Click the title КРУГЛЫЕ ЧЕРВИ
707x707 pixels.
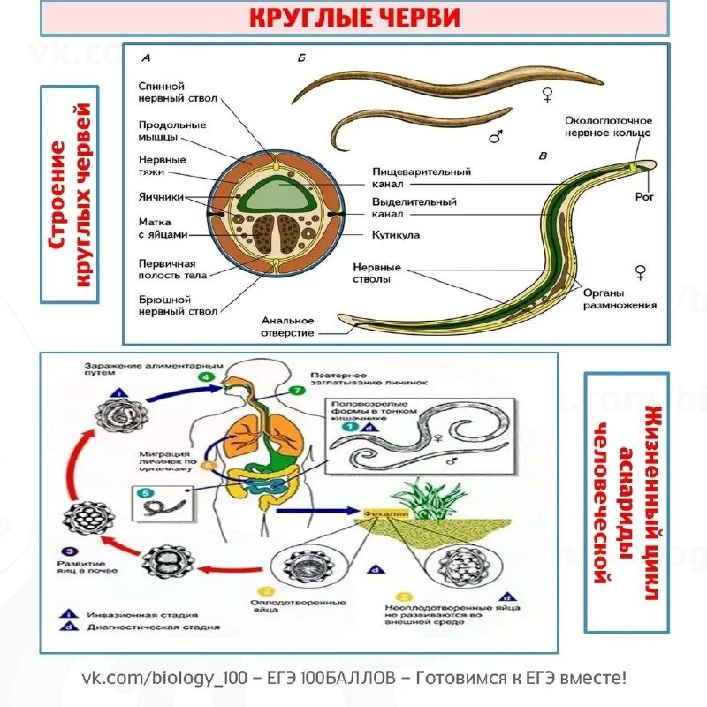pos(353,18)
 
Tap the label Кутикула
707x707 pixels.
pos(396,236)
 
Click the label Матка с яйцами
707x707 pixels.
pos(163,229)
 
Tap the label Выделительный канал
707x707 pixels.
pos(414,208)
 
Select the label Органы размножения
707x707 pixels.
pos(619,299)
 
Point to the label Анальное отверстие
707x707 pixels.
pos(286,326)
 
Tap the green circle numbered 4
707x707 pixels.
pos(205,377)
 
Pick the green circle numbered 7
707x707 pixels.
pos(295,390)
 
